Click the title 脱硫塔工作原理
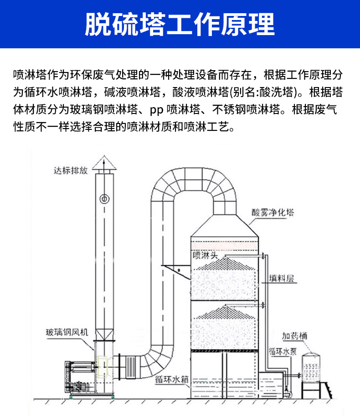click(x=180, y=24)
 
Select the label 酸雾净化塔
click(x=273, y=212)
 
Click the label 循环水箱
click(x=172, y=379)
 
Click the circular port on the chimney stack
click(x=104, y=198)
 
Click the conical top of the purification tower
click(x=225, y=226)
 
